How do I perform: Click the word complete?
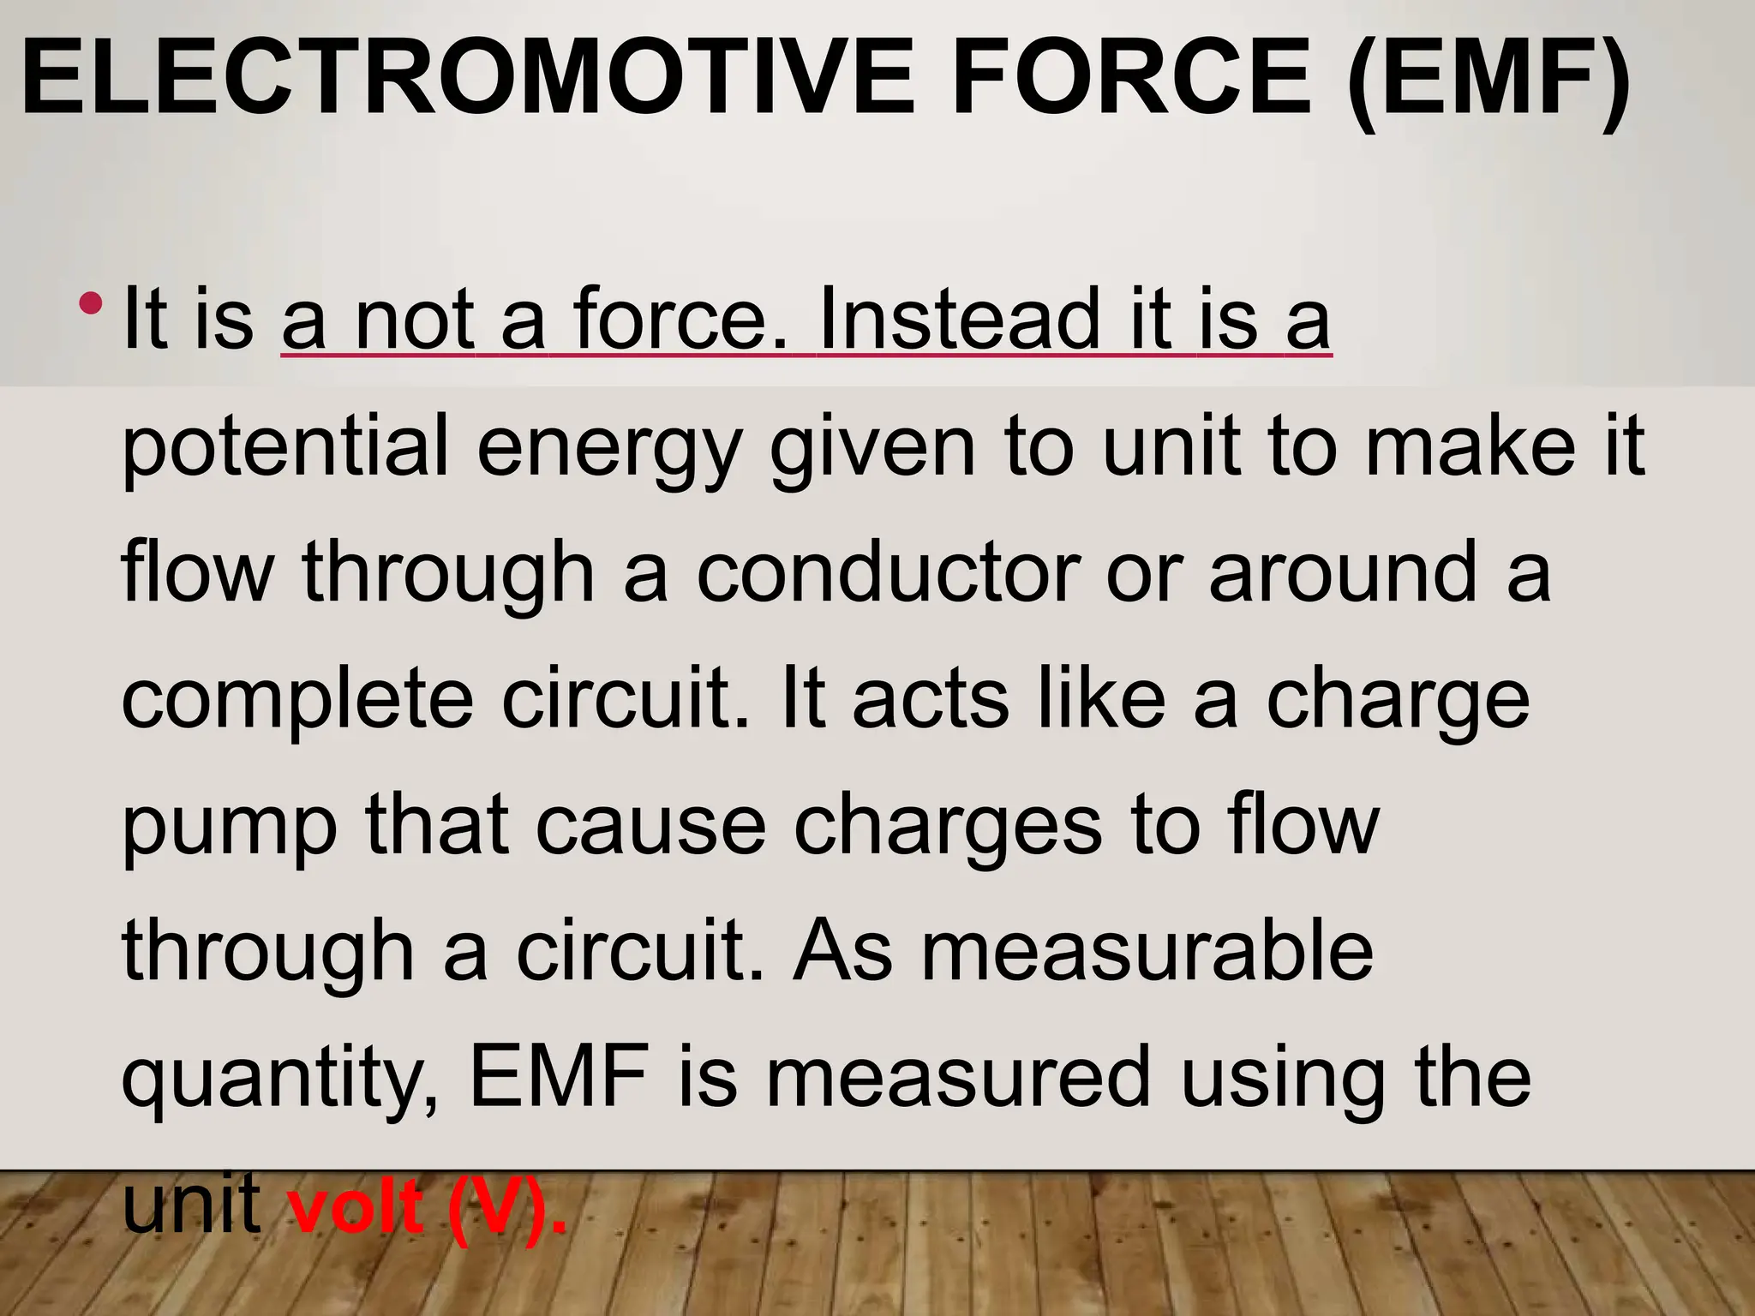click(296, 699)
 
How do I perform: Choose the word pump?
click(230, 826)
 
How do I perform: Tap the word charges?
click(948, 826)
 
